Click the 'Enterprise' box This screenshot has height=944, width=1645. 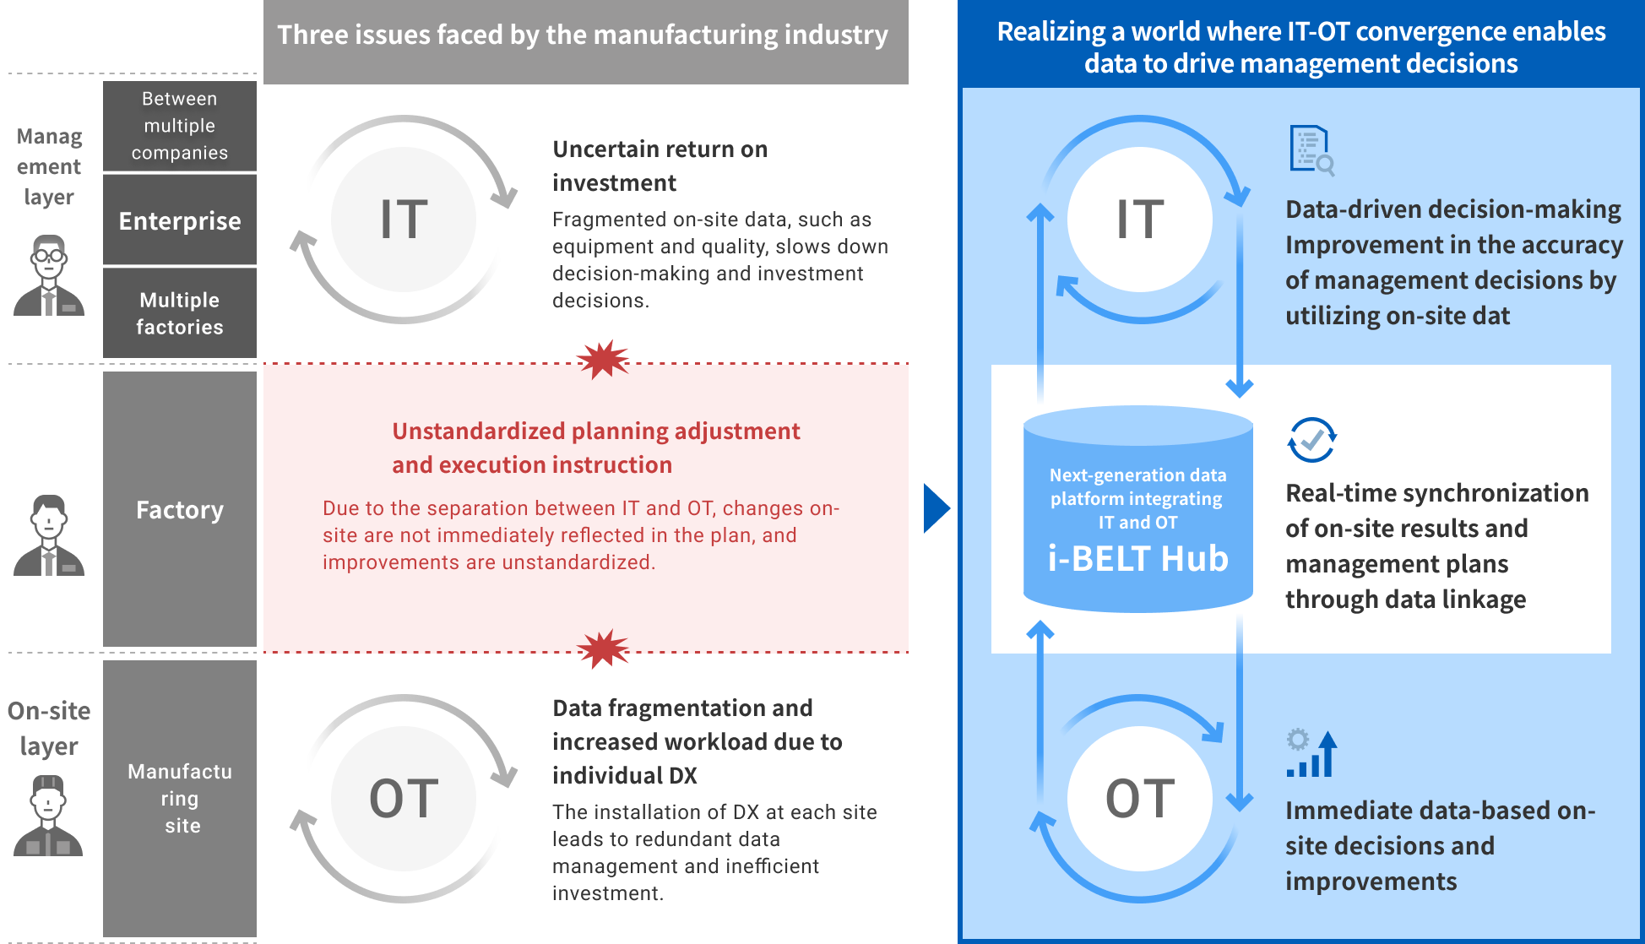180,220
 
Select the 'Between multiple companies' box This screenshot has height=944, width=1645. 180,126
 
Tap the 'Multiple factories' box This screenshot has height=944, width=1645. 180,312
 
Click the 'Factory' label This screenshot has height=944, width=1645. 180,510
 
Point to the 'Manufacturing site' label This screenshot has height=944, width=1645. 180,798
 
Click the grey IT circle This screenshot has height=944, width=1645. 404,219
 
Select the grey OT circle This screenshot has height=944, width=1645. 404,798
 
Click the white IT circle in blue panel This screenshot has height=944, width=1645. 1140,219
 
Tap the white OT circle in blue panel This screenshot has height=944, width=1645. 1140,798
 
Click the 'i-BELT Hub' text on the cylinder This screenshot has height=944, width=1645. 1137,558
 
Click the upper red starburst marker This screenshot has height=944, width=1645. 603,360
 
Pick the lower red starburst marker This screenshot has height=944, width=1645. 603,649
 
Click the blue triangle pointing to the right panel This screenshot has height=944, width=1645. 937,508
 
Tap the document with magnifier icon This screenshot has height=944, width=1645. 1311,150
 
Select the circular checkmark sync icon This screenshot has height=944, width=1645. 1311,439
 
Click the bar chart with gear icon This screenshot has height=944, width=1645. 1311,752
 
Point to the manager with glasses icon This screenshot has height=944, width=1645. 49,275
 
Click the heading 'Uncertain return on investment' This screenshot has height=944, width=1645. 660,165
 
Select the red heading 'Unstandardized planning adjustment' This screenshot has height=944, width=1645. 596,431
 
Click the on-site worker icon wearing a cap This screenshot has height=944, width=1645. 49,815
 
